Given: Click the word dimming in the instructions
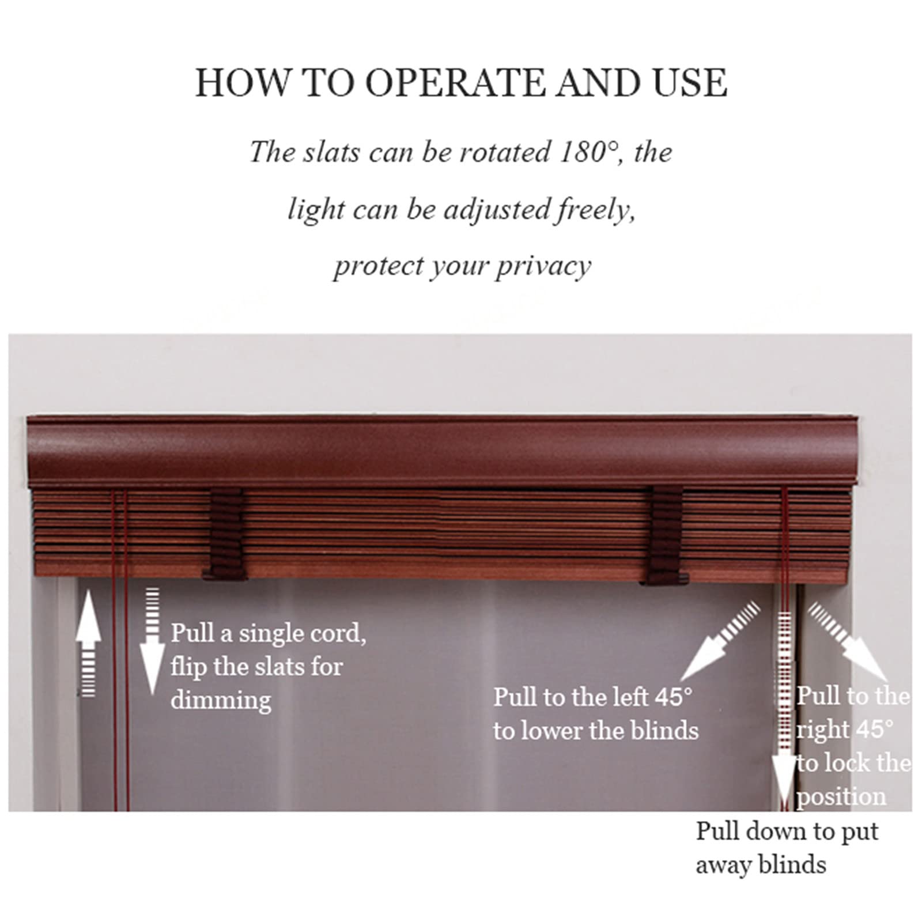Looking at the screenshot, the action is tap(221, 701).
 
